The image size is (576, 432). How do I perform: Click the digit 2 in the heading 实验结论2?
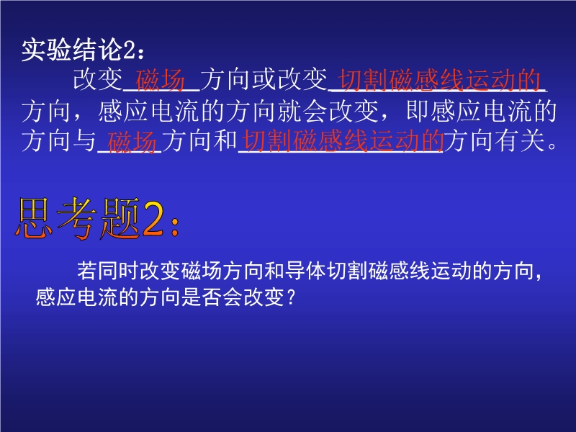pyautogui.click(x=128, y=50)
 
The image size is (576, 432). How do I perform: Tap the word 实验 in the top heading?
pyautogui.click(x=46, y=50)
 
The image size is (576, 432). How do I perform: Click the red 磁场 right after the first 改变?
pyautogui.click(x=160, y=80)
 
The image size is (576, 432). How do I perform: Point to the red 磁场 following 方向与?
pyautogui.click(x=132, y=141)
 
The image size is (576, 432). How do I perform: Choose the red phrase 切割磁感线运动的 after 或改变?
pyautogui.click(x=440, y=80)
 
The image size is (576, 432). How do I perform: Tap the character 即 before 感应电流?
pyautogui.click(x=418, y=112)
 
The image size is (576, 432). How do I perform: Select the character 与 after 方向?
pyautogui.click(x=84, y=141)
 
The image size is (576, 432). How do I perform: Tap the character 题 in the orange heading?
pyautogui.click(x=120, y=218)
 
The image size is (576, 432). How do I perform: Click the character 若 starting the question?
pyautogui.click(x=87, y=271)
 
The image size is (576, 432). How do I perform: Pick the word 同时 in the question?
pyautogui.click(x=118, y=271)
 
